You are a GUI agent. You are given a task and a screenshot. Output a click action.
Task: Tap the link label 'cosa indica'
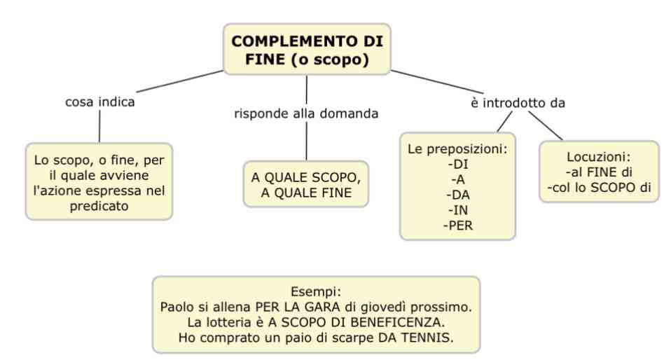100,102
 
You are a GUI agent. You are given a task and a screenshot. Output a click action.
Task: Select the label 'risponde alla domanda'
306,113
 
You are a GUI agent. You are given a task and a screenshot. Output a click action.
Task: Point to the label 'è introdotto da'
518,102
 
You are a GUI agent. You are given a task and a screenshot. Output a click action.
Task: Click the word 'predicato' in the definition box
99,206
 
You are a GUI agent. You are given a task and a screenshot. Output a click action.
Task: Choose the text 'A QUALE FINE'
306,193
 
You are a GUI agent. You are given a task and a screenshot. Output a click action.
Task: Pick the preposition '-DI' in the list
458,165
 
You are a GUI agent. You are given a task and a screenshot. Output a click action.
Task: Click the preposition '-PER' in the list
458,226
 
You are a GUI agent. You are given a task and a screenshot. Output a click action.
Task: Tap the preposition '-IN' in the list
458,210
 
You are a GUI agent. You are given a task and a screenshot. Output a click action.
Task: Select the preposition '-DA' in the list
458,195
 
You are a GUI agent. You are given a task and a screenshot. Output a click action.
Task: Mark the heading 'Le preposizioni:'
457,149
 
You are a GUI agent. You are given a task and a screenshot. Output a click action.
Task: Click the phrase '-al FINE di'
599,172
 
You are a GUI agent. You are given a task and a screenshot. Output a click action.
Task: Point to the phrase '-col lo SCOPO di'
599,188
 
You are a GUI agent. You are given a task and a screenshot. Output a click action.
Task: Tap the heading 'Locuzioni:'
599,157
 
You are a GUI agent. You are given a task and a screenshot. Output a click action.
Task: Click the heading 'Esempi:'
316,292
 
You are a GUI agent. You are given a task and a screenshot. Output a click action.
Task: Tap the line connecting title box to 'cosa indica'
180,81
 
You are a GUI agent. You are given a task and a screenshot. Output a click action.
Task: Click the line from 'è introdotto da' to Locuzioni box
546,125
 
